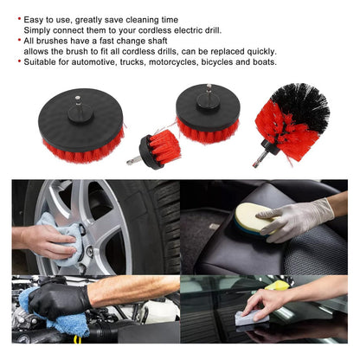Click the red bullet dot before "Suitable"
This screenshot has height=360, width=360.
click(x=19, y=61)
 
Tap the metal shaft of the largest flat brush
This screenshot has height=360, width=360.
click(x=78, y=100)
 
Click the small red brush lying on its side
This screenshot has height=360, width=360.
click(x=154, y=150)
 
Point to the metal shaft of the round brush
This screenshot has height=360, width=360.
click(x=260, y=159)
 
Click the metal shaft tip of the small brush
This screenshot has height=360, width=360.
click(x=132, y=161)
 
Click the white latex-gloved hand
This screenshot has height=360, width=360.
click(x=297, y=218)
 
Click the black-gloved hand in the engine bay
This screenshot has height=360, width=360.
click(x=59, y=300)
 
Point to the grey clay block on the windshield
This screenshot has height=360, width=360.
click(x=252, y=318)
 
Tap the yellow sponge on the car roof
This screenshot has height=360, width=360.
click(x=277, y=286)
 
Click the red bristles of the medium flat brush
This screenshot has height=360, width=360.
click(x=208, y=132)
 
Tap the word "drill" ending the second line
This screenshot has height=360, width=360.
click(x=213, y=30)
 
